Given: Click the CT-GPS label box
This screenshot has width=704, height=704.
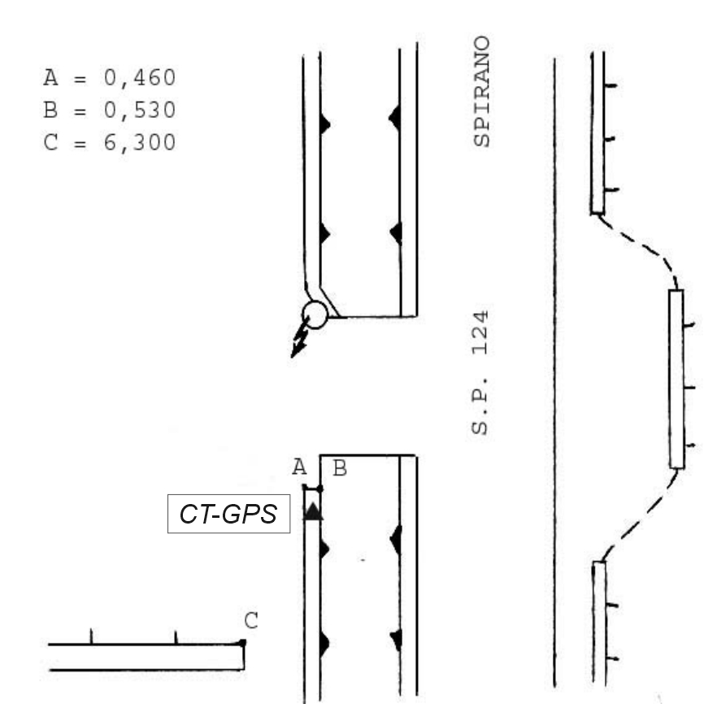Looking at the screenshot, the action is pyautogui.click(x=228, y=514).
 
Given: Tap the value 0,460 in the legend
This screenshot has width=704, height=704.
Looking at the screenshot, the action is pyautogui.click(x=140, y=78).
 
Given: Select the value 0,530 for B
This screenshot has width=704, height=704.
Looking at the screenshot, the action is pyautogui.click(x=140, y=111).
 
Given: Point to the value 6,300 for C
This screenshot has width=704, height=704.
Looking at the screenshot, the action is pyautogui.click(x=140, y=143).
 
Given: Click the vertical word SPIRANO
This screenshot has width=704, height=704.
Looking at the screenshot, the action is pyautogui.click(x=482, y=91).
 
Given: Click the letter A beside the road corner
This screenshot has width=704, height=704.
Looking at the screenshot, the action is pyautogui.click(x=299, y=467).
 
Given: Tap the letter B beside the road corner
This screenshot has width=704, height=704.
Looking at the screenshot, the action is pyautogui.click(x=341, y=468).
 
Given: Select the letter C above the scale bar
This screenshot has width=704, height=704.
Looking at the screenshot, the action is pyautogui.click(x=251, y=620).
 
